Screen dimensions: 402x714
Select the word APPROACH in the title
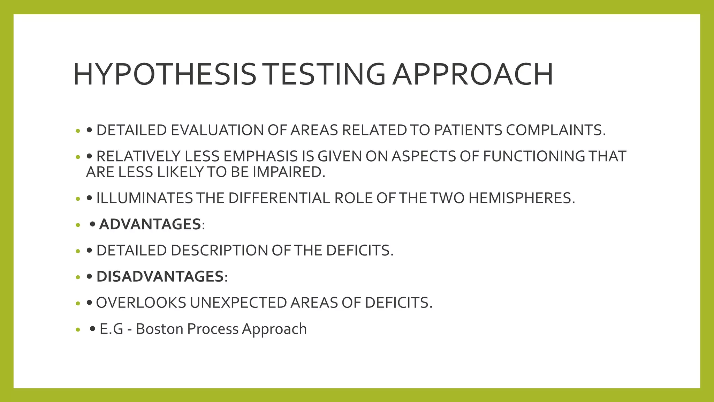472,74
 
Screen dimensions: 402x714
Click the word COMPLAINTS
556,130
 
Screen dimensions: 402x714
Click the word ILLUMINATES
144,198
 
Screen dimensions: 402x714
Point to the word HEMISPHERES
522,198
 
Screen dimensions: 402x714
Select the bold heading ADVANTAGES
150,224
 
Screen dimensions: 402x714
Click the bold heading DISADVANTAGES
160,277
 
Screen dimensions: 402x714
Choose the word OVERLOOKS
141,303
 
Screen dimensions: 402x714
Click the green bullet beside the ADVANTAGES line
78,225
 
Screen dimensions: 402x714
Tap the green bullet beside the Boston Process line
78,330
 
